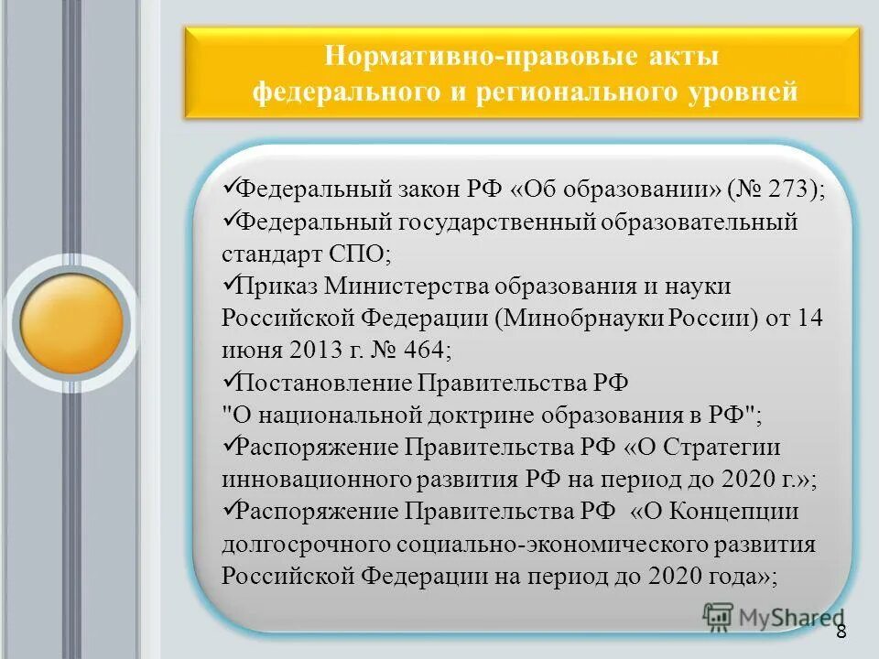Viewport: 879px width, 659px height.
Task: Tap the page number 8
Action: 841,632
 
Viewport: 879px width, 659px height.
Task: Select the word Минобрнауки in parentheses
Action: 567,318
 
